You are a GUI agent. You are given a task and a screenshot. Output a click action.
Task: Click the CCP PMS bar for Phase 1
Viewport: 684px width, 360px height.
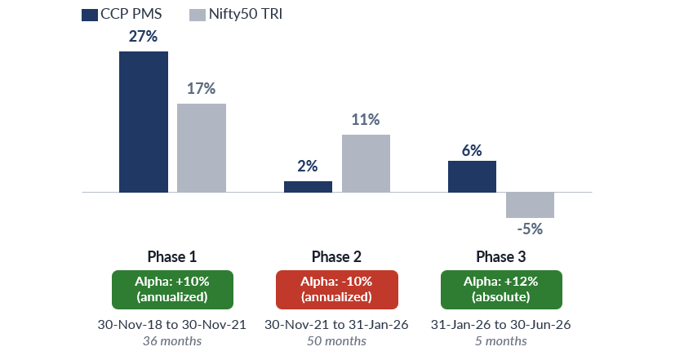(x=144, y=122)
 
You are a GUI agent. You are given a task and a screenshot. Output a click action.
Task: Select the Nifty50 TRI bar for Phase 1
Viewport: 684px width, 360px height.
(x=202, y=148)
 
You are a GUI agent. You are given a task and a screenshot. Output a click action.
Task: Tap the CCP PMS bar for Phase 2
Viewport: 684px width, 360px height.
(x=308, y=187)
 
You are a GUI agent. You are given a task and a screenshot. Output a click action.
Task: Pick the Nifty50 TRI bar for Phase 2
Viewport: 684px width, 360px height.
(x=366, y=163)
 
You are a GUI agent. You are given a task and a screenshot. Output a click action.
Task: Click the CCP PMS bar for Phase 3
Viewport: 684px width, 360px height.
(x=472, y=176)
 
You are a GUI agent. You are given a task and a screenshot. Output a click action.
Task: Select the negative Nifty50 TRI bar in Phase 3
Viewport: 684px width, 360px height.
(x=530, y=205)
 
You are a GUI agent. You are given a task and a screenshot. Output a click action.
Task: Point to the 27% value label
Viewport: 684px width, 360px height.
(x=143, y=36)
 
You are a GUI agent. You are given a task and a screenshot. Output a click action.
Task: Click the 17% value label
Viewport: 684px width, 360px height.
(x=201, y=89)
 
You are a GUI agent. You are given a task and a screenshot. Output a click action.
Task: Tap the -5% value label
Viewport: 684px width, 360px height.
(x=530, y=229)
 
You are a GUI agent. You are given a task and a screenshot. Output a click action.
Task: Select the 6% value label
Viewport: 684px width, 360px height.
(x=472, y=150)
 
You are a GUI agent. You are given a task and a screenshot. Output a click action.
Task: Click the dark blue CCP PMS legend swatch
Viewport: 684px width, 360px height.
(x=90, y=16)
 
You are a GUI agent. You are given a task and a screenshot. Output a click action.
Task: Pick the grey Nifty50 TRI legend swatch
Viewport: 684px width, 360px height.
(x=198, y=16)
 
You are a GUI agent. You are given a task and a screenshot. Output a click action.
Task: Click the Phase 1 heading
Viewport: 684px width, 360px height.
(x=172, y=256)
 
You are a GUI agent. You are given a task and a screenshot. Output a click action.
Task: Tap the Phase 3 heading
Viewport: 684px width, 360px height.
(x=501, y=256)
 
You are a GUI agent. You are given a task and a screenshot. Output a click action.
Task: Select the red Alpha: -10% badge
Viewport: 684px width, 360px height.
(x=337, y=289)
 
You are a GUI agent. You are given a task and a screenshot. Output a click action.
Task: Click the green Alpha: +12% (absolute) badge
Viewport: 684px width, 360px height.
(x=501, y=289)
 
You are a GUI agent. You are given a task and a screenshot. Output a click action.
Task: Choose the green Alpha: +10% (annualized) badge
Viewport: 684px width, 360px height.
(x=172, y=289)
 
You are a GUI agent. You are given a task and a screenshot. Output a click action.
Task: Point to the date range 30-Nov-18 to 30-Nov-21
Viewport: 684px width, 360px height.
(x=172, y=325)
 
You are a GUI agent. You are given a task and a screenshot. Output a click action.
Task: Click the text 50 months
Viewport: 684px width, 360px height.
(x=336, y=340)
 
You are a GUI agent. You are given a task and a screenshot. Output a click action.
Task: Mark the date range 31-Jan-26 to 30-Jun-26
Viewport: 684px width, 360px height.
(x=501, y=325)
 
